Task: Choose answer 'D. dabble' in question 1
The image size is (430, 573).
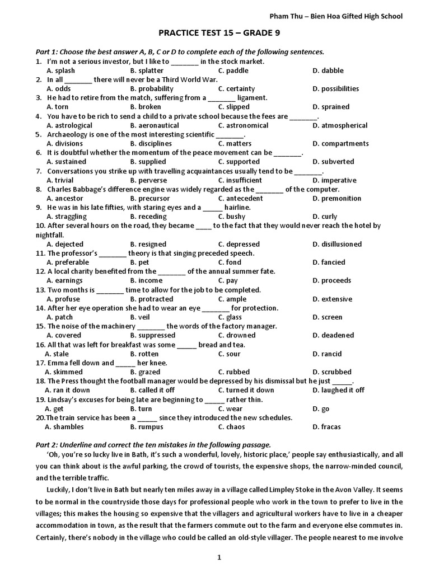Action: pyautogui.click(x=328, y=71)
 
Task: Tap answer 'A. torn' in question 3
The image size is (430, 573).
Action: pyautogui.click(x=58, y=107)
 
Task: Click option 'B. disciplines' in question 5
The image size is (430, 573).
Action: pyautogui.click(x=151, y=143)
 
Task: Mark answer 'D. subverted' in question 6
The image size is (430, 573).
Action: pyautogui.click(x=333, y=162)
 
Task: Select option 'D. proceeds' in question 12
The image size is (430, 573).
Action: pyautogui.click(x=332, y=280)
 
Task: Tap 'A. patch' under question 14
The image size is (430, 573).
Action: pyautogui.click(x=60, y=317)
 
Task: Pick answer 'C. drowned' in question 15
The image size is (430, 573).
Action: pyautogui.click(x=237, y=335)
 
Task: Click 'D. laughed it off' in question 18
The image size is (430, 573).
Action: pyautogui.click(x=338, y=390)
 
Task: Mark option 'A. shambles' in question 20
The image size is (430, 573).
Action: pyautogui.click(x=64, y=427)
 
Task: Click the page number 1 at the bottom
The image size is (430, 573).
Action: pyautogui.click(x=219, y=557)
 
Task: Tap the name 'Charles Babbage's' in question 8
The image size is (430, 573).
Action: pyautogui.click(x=76, y=189)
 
